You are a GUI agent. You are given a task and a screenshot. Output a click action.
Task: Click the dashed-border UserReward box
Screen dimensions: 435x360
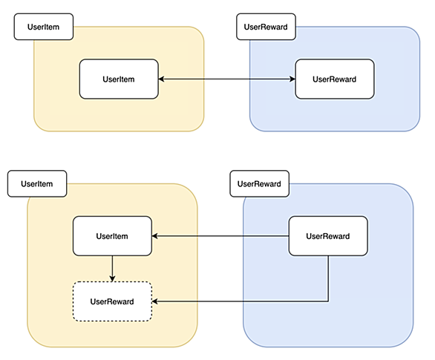point(112,301)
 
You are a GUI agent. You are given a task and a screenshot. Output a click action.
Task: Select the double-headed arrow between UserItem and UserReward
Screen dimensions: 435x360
point(227,79)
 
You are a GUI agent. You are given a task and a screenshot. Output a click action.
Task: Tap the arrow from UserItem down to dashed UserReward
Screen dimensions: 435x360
point(112,269)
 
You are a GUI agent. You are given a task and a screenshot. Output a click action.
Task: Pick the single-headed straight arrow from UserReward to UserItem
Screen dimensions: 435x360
point(220,236)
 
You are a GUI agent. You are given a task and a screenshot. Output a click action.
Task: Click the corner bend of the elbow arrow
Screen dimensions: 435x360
point(328,301)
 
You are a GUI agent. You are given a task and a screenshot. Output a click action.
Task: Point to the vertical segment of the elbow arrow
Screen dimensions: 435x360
point(328,278)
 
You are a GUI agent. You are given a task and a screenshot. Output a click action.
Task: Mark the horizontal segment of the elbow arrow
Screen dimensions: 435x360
point(241,301)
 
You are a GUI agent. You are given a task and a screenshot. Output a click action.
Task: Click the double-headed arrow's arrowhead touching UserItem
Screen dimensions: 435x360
point(161,79)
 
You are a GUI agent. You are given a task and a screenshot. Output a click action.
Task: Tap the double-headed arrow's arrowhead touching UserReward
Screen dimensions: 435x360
point(292,79)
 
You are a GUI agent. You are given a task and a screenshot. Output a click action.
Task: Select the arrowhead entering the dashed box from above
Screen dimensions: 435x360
point(112,279)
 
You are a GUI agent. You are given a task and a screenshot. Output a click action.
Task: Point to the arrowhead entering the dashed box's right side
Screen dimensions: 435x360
point(155,301)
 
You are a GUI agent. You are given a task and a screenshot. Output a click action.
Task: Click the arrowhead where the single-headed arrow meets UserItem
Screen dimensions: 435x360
point(155,236)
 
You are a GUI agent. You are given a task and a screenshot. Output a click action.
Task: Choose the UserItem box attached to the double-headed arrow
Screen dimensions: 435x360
point(119,79)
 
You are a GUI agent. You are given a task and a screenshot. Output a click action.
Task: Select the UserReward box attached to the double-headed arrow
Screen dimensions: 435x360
point(335,79)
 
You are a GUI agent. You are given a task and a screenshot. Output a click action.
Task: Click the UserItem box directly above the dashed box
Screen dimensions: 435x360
point(112,236)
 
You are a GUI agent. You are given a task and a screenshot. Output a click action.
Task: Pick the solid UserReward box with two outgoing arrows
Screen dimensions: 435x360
point(328,236)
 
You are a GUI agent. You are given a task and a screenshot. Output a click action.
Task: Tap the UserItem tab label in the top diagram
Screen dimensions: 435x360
point(44,27)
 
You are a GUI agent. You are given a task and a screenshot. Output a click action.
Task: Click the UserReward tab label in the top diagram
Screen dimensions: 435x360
point(266,27)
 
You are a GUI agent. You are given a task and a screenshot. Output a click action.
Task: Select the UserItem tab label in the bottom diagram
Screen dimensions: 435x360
point(37,183)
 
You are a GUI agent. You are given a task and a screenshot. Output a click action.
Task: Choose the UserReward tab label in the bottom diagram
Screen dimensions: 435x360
point(259,183)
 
